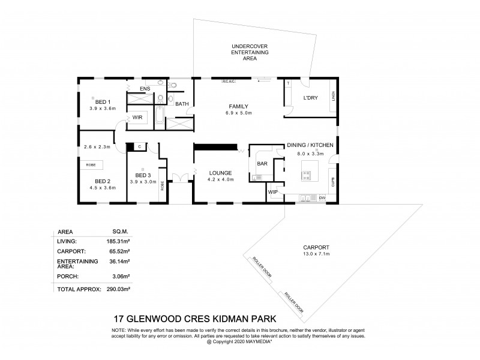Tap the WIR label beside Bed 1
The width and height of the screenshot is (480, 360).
click(137, 118)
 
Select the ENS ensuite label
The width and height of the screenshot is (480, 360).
click(145, 89)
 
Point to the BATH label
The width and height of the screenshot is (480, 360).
click(182, 104)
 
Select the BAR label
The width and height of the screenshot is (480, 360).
click(262, 163)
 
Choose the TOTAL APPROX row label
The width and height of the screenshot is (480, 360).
click(77, 289)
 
